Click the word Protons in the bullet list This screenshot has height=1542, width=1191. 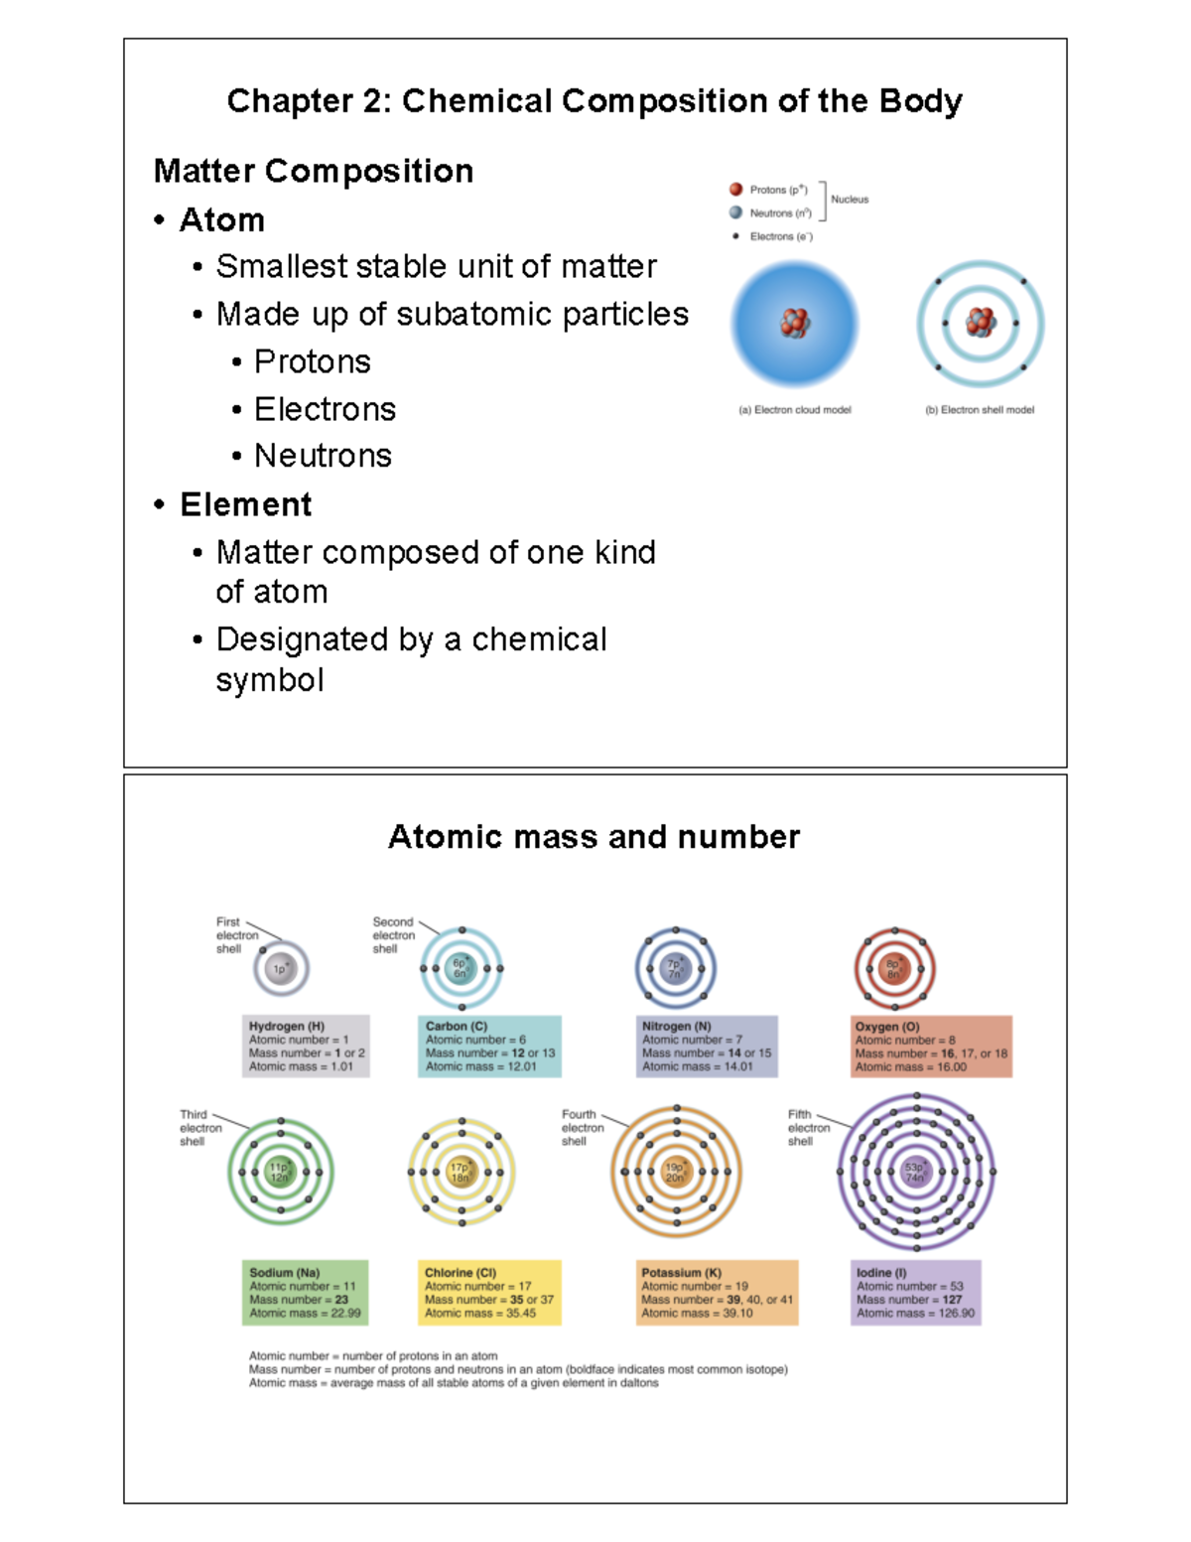312,361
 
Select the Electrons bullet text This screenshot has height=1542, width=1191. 325,409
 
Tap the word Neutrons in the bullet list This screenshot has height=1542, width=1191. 323,456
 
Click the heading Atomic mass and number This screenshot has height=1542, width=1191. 594,837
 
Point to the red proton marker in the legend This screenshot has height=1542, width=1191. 735,189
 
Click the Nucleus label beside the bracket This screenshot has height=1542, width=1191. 850,200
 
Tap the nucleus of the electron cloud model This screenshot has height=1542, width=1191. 795,323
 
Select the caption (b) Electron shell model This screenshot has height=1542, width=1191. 980,409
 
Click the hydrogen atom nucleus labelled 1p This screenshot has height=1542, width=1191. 281,968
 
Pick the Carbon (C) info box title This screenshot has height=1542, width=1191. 457,1026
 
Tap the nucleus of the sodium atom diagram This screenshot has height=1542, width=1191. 280,1173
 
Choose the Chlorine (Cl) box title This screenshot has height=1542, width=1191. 461,1272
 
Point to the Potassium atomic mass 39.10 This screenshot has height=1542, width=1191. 737,1313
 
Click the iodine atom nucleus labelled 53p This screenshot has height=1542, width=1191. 915,1172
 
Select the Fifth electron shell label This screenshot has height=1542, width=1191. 808,1128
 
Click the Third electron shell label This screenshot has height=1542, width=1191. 199,1128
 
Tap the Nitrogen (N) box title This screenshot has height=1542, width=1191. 676,1026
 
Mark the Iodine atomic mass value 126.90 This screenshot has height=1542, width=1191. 957,1313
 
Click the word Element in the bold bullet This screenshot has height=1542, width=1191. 245,504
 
